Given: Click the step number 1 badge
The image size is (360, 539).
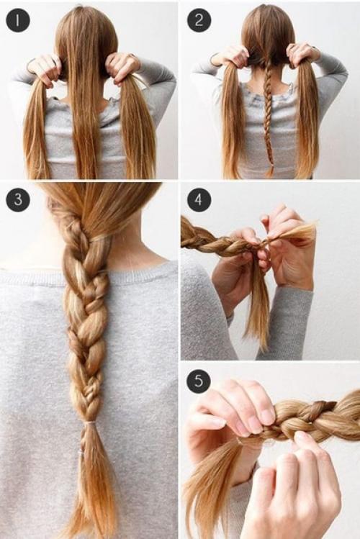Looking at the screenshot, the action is tap(18, 20).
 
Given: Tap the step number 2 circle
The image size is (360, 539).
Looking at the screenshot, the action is tap(199, 20).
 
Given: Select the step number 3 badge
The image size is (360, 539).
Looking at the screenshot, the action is tap(18, 200).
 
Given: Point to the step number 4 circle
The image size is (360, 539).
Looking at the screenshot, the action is tap(199, 200).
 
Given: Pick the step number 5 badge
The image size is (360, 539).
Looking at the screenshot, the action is tap(199, 381).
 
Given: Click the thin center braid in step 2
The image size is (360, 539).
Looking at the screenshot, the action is tap(269, 120).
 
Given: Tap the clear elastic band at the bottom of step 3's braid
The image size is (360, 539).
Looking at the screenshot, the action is tap(90, 423).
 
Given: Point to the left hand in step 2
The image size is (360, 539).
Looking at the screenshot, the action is tap(231, 56).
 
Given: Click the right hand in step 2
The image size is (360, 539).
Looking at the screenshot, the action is tap(301, 55).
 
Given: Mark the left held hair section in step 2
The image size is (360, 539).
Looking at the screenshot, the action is tap(234, 120).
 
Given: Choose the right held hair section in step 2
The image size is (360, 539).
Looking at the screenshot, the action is tap(307, 120).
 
